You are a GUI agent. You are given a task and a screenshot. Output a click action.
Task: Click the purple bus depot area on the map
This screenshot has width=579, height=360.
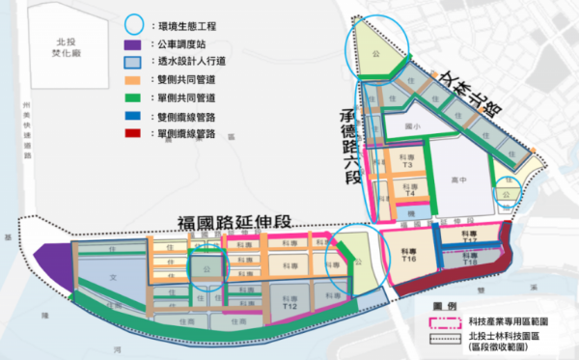point(53,262)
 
